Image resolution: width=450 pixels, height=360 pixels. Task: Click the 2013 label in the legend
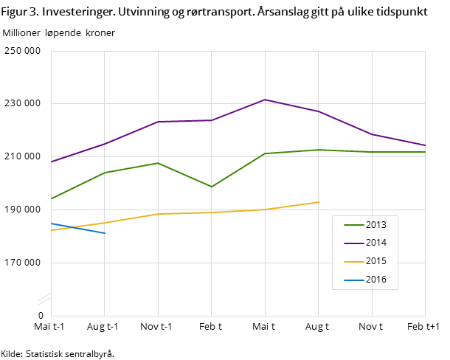pos(375,225)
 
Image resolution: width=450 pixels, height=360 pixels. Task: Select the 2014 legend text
pos(375,243)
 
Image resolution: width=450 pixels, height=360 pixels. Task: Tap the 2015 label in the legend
pos(375,261)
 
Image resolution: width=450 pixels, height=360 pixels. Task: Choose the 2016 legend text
pos(375,280)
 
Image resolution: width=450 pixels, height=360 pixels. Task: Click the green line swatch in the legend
pos(353,225)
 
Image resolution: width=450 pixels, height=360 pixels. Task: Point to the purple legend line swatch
pos(353,243)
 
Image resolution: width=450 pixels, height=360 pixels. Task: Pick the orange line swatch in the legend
pos(353,261)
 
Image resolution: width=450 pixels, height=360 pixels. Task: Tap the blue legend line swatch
pos(353,280)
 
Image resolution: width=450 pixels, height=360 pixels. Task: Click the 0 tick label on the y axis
pos(41,316)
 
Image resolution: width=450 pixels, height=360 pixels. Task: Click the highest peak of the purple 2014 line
pos(265,100)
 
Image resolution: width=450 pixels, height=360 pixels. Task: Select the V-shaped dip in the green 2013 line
pos(212,187)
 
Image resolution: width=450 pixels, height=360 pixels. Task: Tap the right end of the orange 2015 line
pos(319,202)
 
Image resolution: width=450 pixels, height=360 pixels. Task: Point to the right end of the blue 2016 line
pos(105,233)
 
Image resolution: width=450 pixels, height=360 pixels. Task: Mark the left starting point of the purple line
pos(51,162)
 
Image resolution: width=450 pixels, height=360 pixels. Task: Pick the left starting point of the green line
pos(51,199)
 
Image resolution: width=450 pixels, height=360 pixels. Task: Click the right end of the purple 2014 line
pos(425,145)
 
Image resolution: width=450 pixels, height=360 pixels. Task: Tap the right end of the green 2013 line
pos(425,152)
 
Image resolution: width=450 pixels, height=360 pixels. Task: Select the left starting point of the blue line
pos(51,223)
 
